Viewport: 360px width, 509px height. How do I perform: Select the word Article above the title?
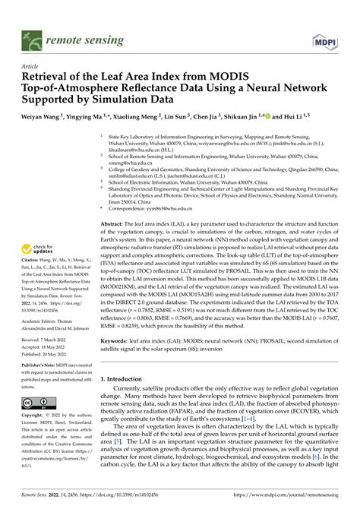[33, 66]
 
